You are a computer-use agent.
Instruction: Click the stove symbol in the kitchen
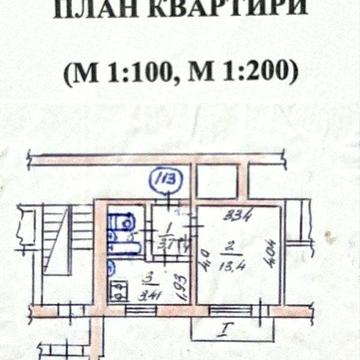117,291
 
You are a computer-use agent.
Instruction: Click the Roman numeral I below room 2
228,326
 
